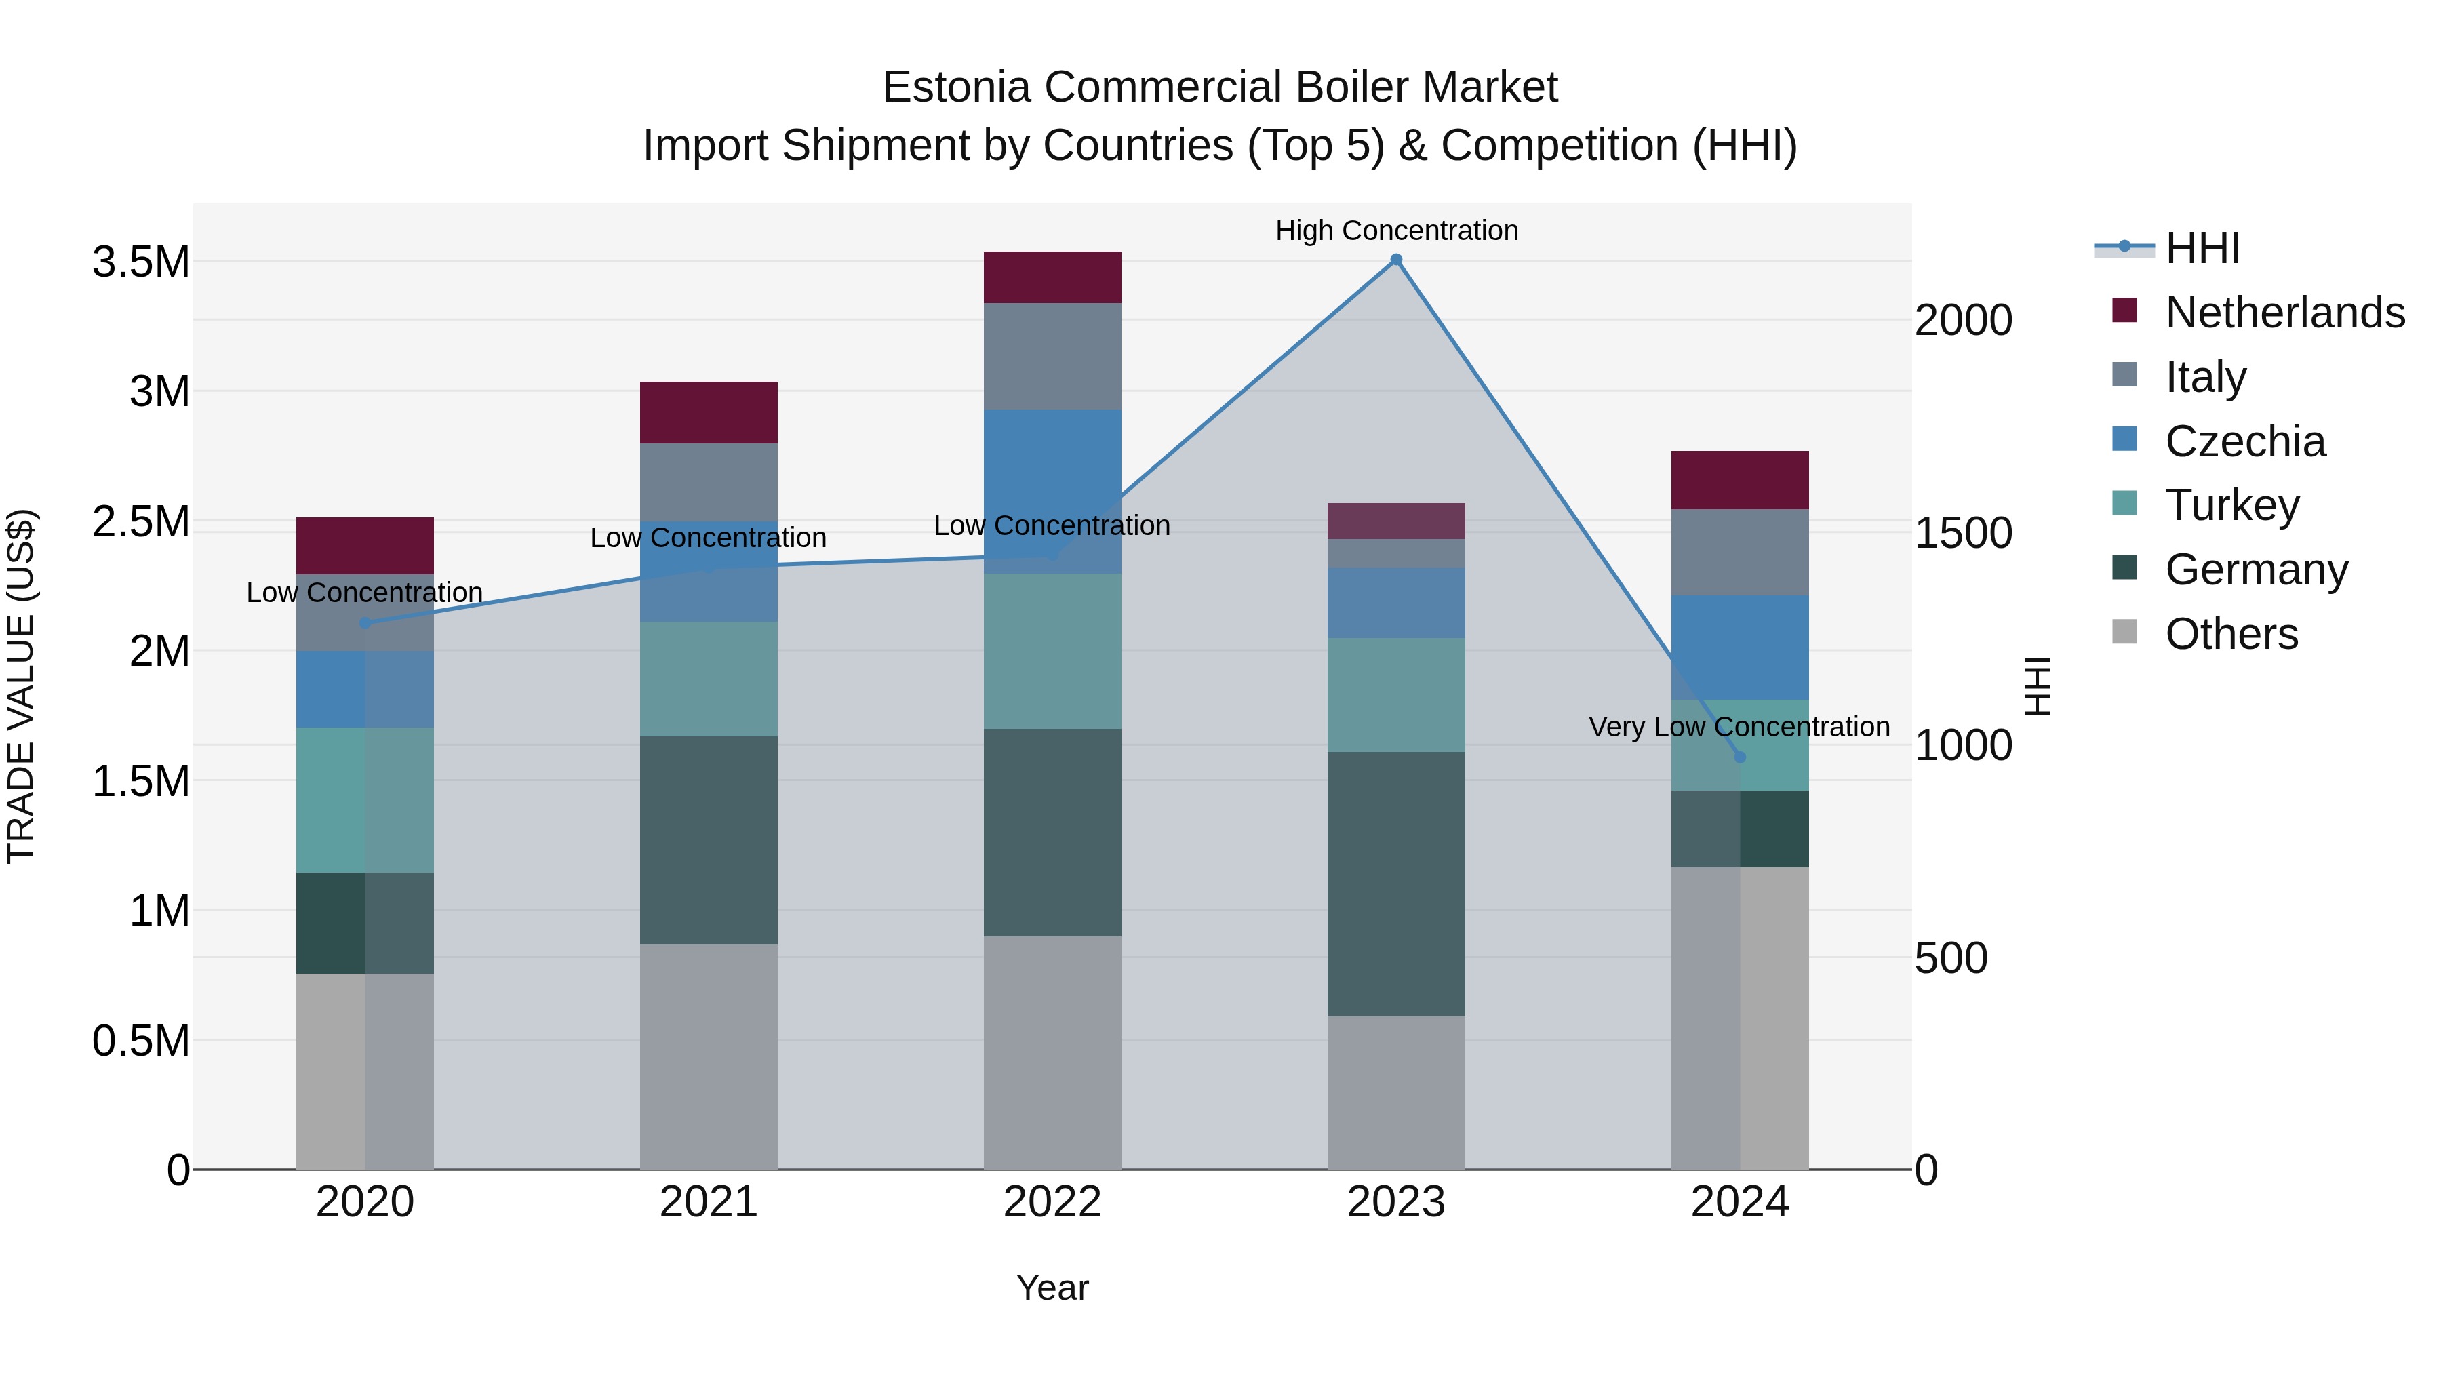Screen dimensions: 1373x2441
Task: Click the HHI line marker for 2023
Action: (1396, 260)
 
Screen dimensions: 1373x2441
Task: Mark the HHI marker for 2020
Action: (365, 622)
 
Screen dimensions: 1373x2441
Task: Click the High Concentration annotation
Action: (1396, 231)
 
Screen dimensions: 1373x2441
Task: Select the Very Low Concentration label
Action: (1738, 727)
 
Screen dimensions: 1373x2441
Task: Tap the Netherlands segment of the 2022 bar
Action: (1052, 277)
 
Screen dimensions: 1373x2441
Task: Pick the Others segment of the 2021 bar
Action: (709, 1056)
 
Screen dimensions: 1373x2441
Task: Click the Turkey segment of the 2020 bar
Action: (365, 800)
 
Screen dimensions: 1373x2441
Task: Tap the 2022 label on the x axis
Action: (1052, 1202)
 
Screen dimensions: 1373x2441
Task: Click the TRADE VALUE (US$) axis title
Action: (21, 686)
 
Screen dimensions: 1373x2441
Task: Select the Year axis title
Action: (1052, 1288)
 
